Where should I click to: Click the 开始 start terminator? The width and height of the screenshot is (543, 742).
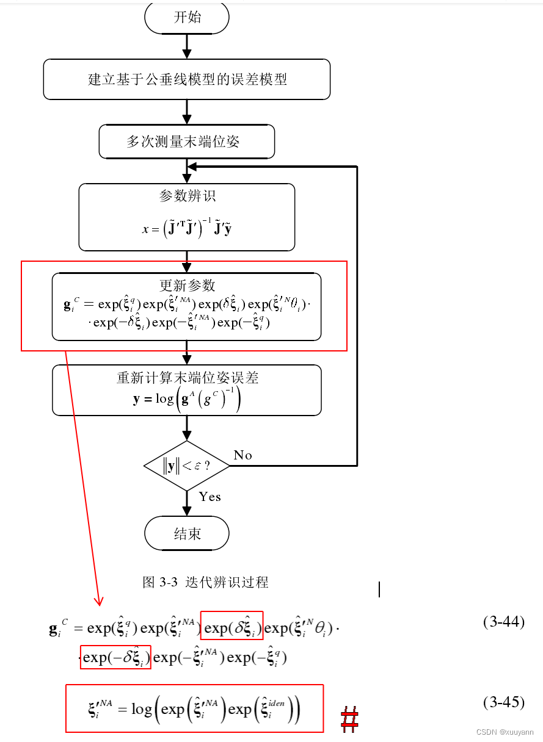coord(187,17)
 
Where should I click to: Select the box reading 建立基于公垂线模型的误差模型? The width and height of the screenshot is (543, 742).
coord(187,79)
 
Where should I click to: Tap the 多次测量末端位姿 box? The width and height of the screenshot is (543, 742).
coord(187,142)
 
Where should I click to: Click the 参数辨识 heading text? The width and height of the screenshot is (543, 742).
coord(187,196)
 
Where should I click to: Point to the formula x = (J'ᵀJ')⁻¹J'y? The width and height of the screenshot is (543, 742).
coord(187,229)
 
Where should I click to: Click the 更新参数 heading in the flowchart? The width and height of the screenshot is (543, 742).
coord(187,285)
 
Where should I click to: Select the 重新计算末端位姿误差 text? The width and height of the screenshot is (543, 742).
coord(187,378)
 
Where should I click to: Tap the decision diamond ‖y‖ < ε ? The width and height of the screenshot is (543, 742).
coord(187,466)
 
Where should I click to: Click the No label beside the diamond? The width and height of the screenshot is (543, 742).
coord(242,455)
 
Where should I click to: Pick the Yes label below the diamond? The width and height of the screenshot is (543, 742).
coord(210,497)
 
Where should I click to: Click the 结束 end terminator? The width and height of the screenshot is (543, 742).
coord(187,534)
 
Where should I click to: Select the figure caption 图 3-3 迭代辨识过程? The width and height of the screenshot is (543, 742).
coord(205,582)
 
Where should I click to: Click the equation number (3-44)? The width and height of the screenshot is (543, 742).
coord(503,622)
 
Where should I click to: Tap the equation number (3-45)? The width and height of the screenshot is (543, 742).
coord(503,702)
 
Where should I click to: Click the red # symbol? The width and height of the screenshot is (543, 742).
coord(349,719)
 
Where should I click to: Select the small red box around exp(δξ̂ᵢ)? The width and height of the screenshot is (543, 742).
coord(231,625)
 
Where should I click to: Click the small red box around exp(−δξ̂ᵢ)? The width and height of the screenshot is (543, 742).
coord(115,657)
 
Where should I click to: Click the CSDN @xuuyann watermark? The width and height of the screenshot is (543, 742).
coord(505,732)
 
